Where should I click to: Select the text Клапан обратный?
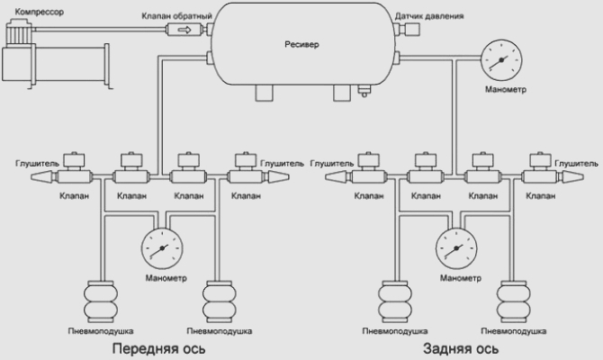(x=176, y=16)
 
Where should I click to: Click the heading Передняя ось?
(x=159, y=347)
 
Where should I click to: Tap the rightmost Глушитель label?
(x=576, y=164)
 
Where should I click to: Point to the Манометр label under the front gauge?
(x=164, y=277)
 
